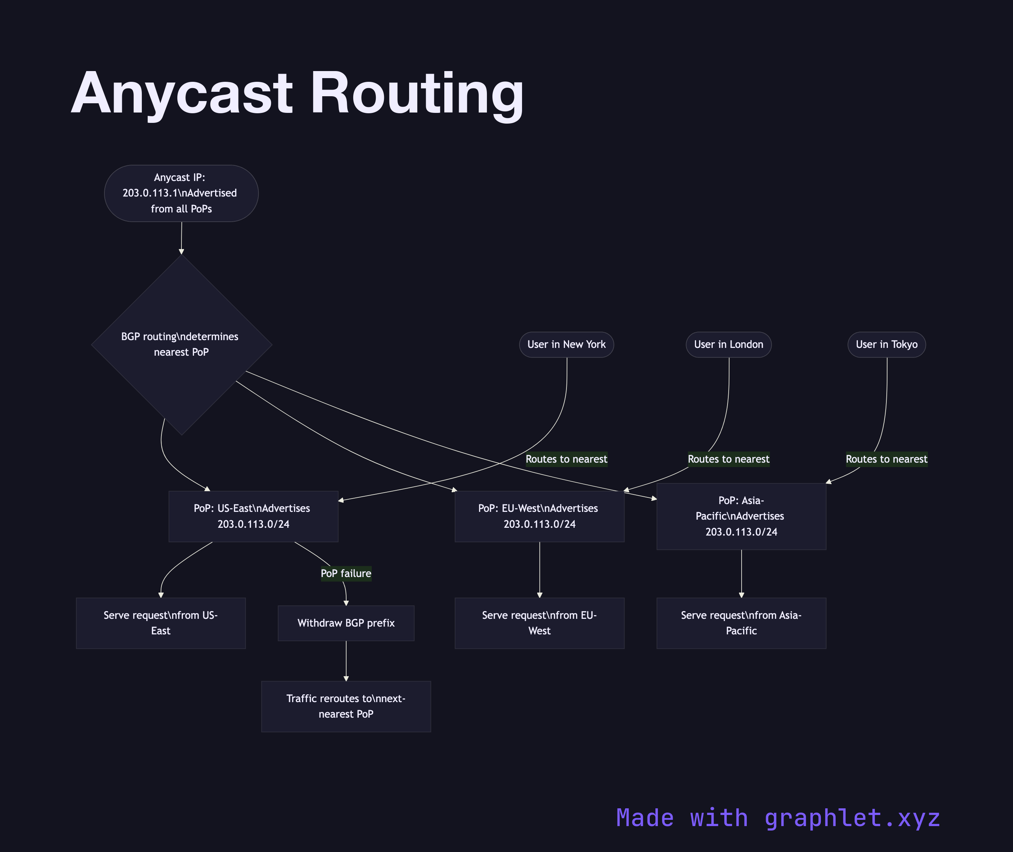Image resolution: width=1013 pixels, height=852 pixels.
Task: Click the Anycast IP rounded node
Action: [x=181, y=193]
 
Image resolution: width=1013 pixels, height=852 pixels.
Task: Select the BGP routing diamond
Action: [x=181, y=344]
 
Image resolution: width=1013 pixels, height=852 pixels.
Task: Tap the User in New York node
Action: [x=566, y=344]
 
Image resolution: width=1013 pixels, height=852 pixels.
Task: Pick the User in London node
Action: [x=729, y=344]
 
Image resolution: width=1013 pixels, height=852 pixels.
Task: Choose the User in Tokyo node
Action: [x=886, y=344]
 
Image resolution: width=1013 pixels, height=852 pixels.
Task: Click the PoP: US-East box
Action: [x=253, y=516]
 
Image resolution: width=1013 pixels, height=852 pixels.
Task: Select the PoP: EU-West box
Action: [x=539, y=516]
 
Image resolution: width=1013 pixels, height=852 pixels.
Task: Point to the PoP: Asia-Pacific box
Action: [x=741, y=516]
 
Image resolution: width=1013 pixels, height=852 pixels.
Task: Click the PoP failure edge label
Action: [x=346, y=573]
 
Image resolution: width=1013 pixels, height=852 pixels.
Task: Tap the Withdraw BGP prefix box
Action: [x=346, y=623]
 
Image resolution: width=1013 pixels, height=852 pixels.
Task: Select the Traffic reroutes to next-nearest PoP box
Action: [x=346, y=706]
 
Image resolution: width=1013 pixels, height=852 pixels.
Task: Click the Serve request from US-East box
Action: [x=160, y=623]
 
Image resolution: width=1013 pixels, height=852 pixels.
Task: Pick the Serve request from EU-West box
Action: [x=539, y=623]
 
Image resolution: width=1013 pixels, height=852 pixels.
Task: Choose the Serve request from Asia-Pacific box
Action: [x=741, y=623]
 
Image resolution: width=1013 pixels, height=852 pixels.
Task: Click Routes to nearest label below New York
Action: [x=566, y=459]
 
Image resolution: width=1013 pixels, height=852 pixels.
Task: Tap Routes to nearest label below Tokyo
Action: [x=886, y=459]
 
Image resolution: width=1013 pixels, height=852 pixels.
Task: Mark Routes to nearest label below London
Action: [x=729, y=459]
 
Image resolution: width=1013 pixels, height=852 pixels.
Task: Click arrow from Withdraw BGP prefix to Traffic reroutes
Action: [x=346, y=661]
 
